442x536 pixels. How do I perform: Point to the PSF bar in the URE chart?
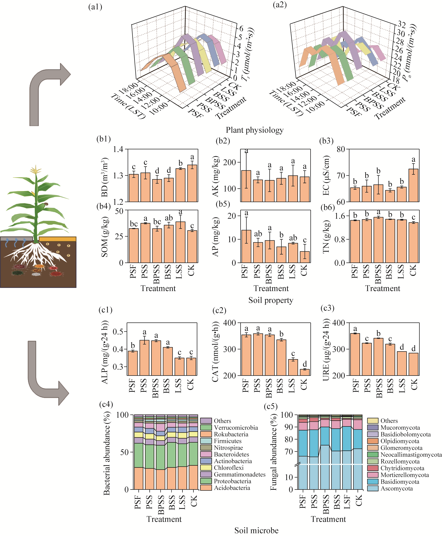tap(355, 354)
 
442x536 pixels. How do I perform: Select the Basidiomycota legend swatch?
tap(373, 481)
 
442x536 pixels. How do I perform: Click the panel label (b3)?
tap(326, 141)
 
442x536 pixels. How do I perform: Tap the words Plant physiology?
tap(255, 130)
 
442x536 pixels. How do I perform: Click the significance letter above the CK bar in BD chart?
tap(192, 157)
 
